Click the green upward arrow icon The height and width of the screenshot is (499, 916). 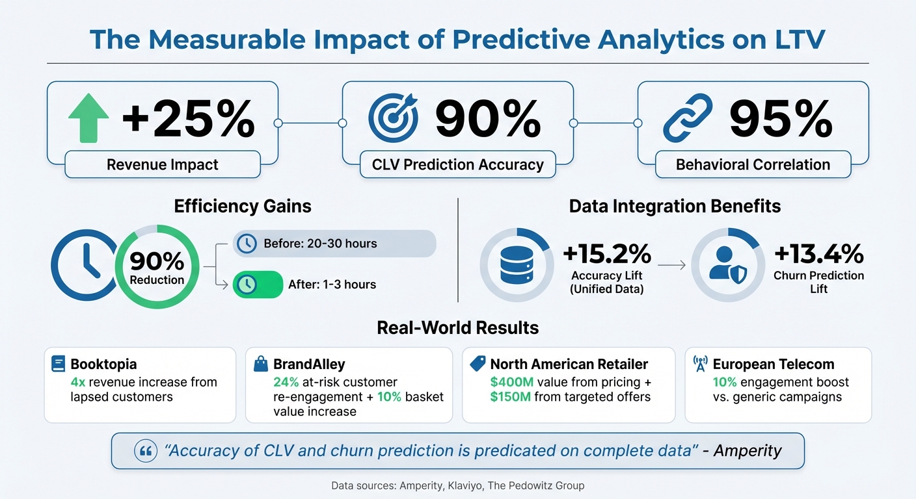coord(88,118)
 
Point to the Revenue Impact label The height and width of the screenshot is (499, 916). coord(163,165)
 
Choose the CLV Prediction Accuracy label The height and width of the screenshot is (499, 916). coord(457,165)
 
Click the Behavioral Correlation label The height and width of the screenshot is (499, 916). coord(753,165)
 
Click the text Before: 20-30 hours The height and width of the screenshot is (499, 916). coord(320,244)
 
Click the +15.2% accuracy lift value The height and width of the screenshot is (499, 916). coord(606,253)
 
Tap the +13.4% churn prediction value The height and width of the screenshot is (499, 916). coord(818,252)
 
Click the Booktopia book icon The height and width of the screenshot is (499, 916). coord(59,364)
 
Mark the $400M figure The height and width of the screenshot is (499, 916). coord(511,381)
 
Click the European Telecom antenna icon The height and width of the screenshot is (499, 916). coord(701,364)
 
